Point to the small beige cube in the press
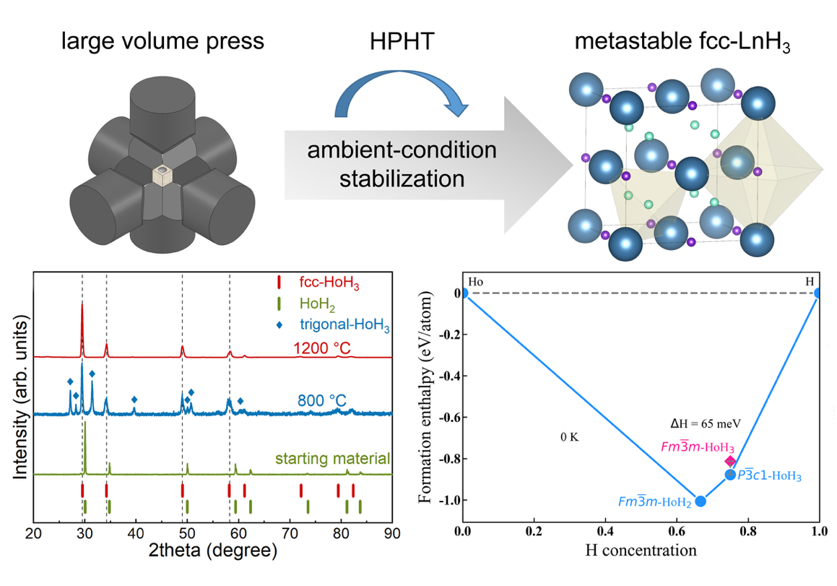[165, 176]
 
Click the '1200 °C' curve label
[323, 349]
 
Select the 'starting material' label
[333, 458]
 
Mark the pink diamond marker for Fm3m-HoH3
[731, 461]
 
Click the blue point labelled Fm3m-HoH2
[700, 501]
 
